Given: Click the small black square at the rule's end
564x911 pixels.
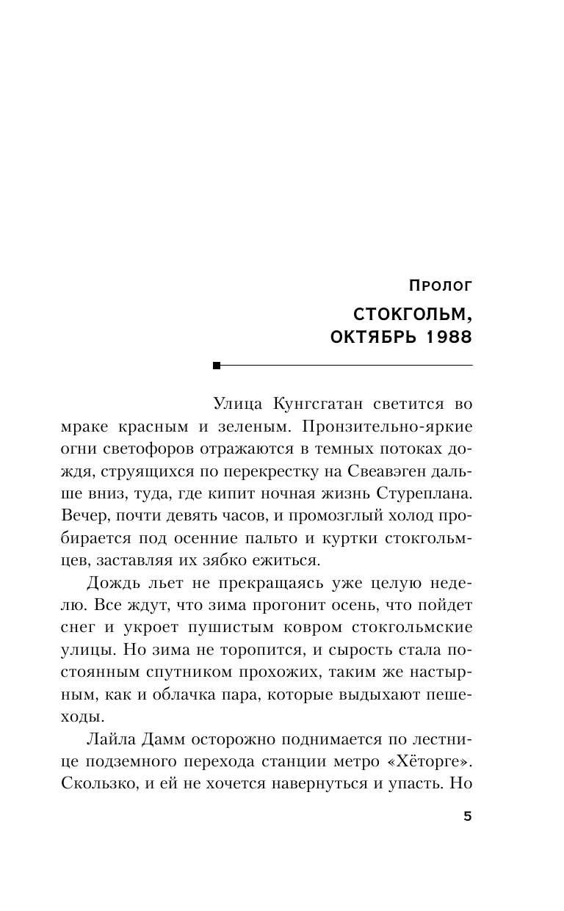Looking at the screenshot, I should click(x=216, y=365).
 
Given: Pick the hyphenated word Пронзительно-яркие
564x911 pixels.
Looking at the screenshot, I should click(x=396, y=427).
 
